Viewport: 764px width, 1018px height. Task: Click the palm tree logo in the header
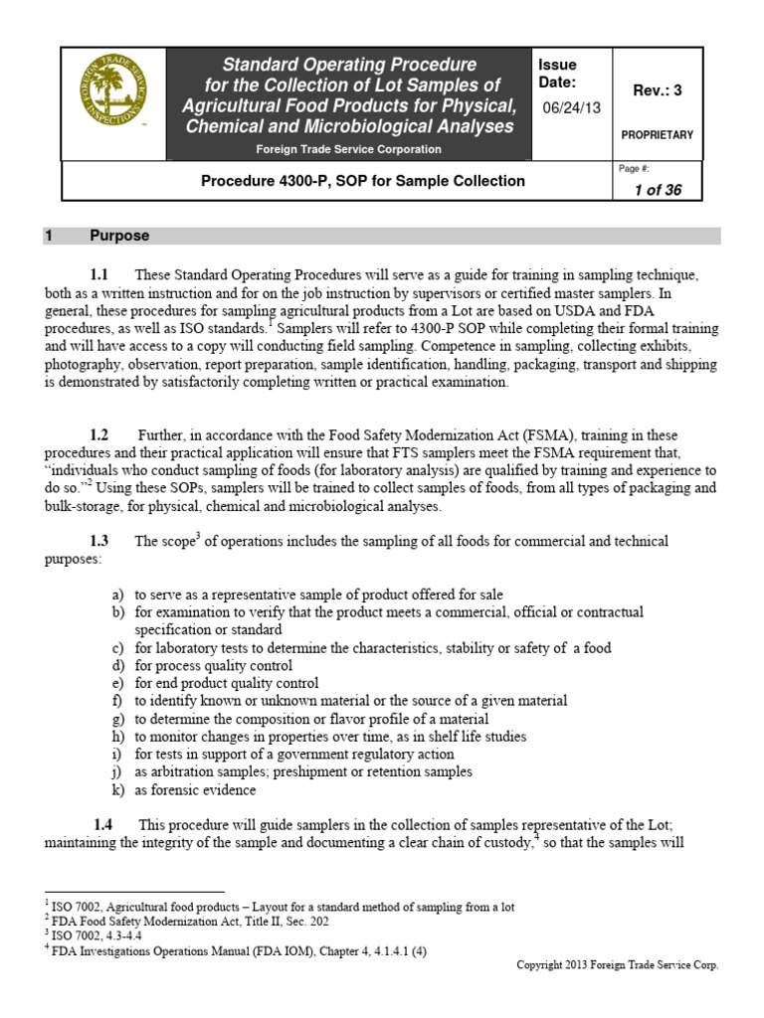click(x=110, y=104)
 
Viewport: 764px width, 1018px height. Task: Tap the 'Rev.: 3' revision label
click(x=657, y=90)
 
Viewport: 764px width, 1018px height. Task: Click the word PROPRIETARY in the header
click(x=658, y=135)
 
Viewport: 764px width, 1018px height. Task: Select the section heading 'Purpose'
click(x=119, y=236)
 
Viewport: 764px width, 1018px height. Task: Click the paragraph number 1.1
click(x=98, y=274)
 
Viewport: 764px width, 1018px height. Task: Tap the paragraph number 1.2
click(x=98, y=435)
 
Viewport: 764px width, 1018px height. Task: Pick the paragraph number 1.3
click(x=98, y=542)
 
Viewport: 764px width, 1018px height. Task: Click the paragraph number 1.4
click(x=103, y=825)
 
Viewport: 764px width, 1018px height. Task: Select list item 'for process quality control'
click(x=214, y=665)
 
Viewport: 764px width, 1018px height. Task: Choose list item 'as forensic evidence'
click(x=195, y=790)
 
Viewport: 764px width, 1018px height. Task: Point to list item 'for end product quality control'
click(x=227, y=683)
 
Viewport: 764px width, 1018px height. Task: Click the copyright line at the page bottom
click(x=618, y=965)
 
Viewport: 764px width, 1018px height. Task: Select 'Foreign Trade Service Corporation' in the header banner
click(x=347, y=149)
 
